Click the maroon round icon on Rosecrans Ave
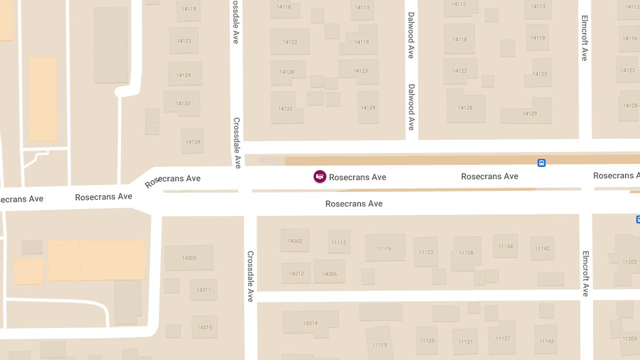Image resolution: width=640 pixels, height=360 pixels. coord(319,177)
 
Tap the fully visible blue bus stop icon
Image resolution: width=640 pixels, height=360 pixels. coord(541,163)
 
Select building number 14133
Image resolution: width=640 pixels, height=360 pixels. coord(183,103)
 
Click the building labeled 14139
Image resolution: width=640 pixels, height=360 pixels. coord(193,142)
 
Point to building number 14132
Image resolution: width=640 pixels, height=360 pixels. coord(285,109)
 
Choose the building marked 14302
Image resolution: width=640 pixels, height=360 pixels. coord(295,241)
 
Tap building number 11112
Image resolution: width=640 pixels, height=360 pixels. coord(339,243)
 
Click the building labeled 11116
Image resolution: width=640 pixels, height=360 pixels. coord(383,249)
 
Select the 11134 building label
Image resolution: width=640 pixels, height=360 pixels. coord(505,246)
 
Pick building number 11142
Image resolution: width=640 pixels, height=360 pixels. coord(542,249)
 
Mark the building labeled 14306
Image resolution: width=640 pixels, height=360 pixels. coord(329,274)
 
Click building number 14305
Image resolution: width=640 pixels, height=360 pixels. coord(189,258)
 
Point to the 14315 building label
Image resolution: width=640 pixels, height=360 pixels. coord(204,327)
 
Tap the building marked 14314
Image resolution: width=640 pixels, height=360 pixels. coord(310,323)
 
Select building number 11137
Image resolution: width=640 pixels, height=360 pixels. coord(502,339)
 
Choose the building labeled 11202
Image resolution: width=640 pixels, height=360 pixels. coord(629,262)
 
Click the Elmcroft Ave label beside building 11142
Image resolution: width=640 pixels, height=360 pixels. coord(585,274)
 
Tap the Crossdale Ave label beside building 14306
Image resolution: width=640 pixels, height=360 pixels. coord(250,276)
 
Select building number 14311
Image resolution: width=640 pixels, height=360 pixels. coord(203,290)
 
